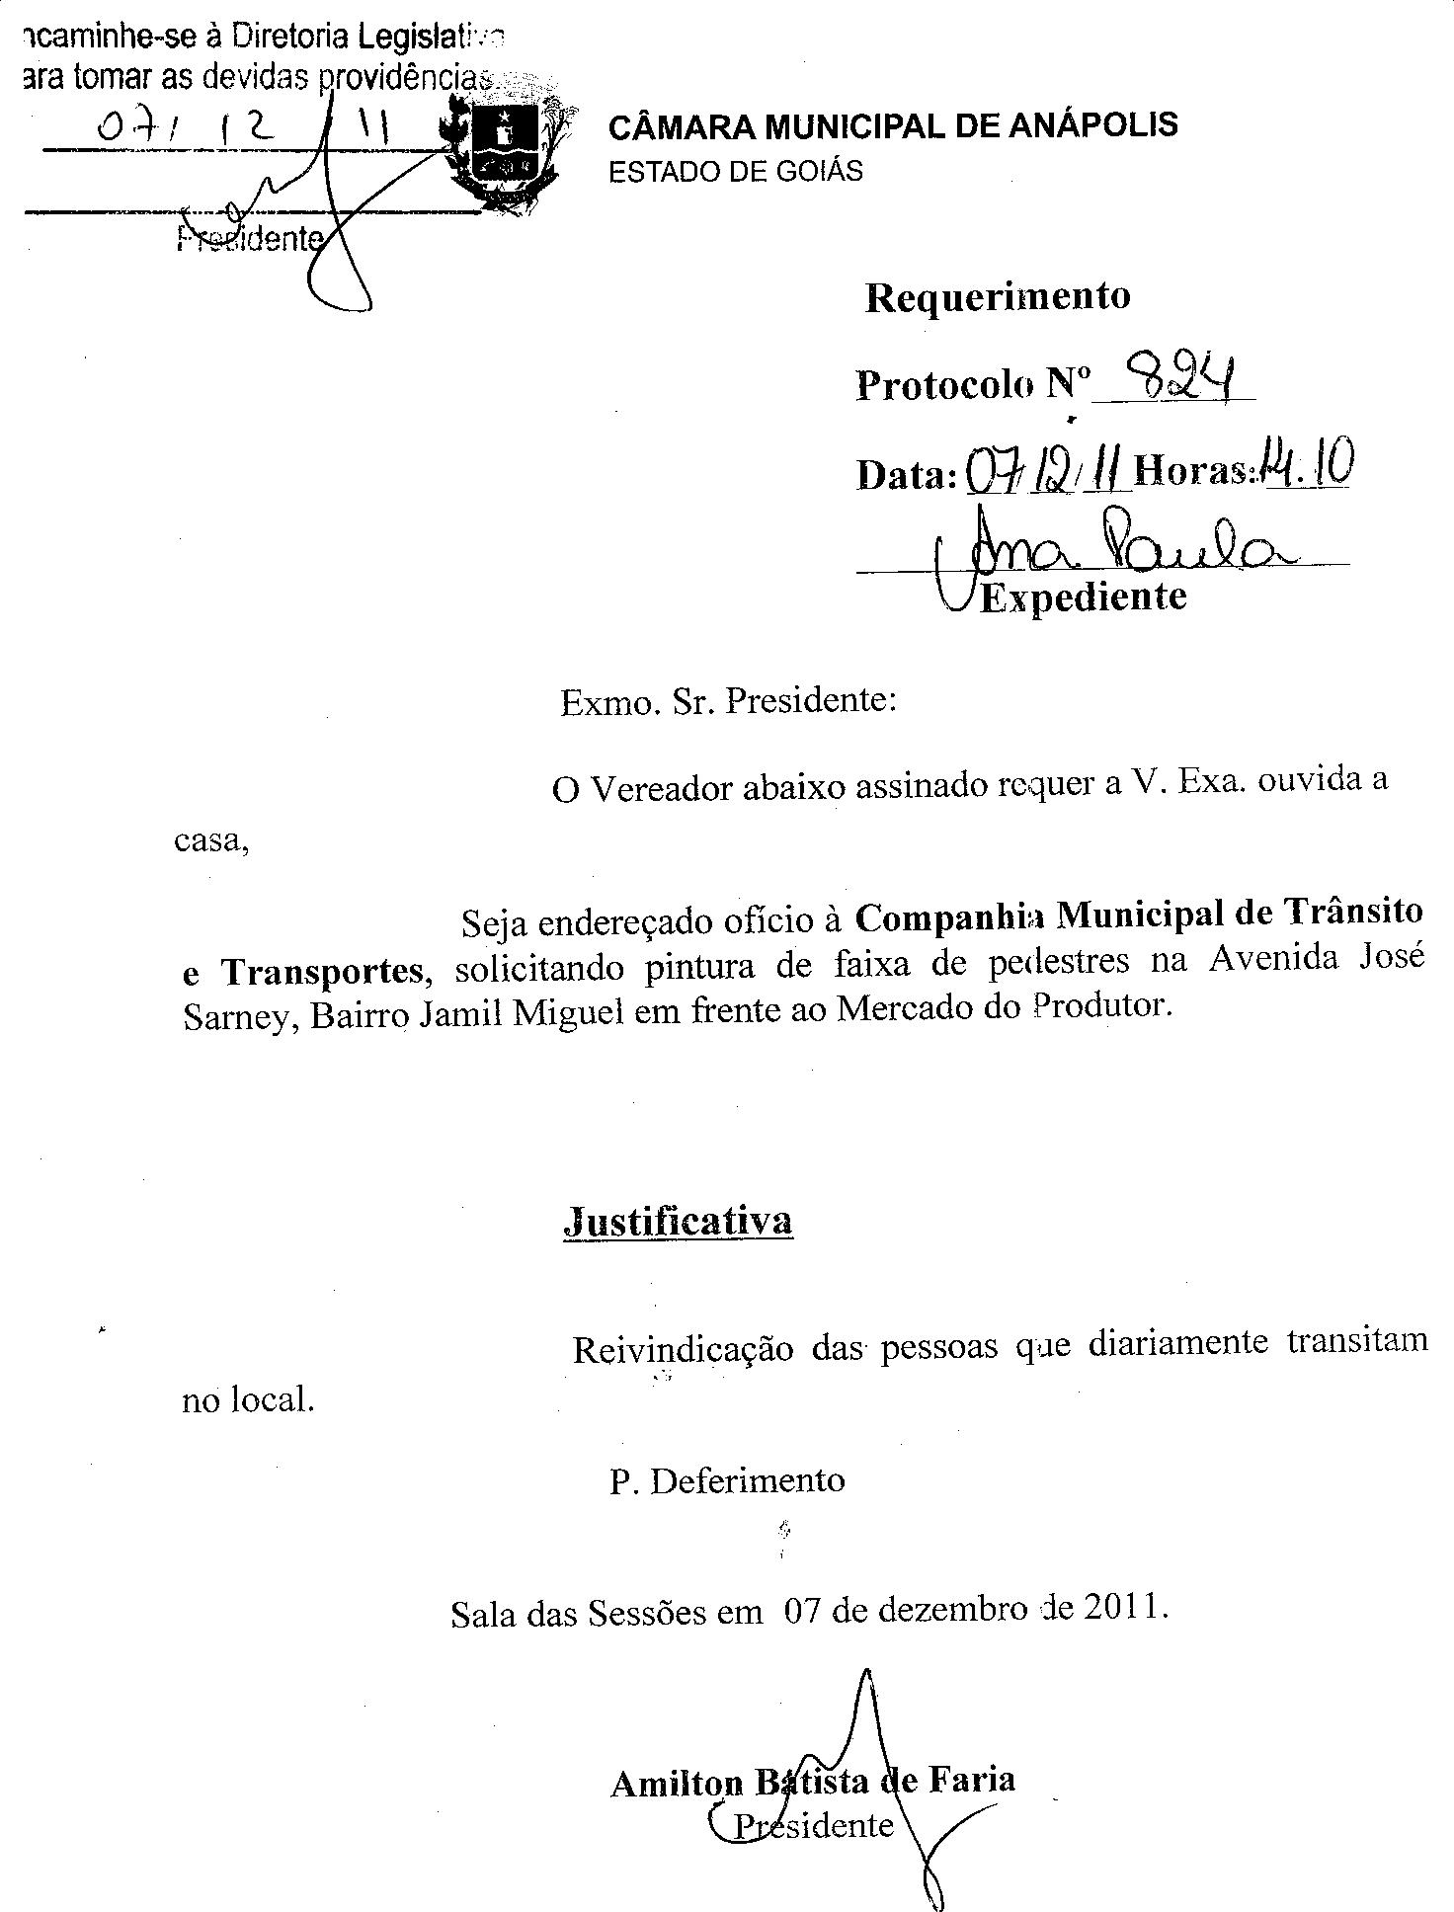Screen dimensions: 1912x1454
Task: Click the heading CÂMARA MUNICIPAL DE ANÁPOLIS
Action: (x=893, y=126)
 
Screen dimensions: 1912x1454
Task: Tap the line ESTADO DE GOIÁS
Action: (x=736, y=172)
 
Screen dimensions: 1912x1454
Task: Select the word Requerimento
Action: (x=998, y=296)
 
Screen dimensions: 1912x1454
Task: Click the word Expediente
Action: (x=1084, y=597)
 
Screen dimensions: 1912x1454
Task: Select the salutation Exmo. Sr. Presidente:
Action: (x=728, y=701)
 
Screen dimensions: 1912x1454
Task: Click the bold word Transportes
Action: (x=323, y=972)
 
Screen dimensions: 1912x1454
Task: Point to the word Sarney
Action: (x=240, y=1018)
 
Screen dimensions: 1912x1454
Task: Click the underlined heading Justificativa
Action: (x=678, y=1222)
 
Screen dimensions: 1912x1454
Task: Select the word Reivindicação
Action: (x=683, y=1349)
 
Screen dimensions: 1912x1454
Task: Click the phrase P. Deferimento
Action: (x=727, y=1480)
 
